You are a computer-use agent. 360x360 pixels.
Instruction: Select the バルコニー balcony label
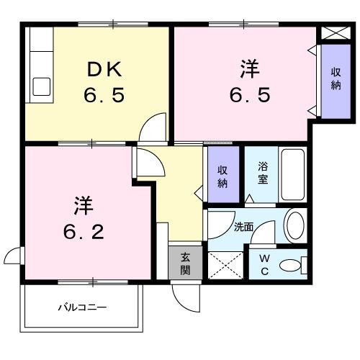[x=82, y=308]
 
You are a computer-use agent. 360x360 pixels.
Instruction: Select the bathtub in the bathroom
[x=294, y=175]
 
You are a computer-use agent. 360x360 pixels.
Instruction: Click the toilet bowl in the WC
[x=292, y=266]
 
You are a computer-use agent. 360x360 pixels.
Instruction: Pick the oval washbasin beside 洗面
[x=295, y=225]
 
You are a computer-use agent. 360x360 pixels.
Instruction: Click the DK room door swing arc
[x=153, y=130]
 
